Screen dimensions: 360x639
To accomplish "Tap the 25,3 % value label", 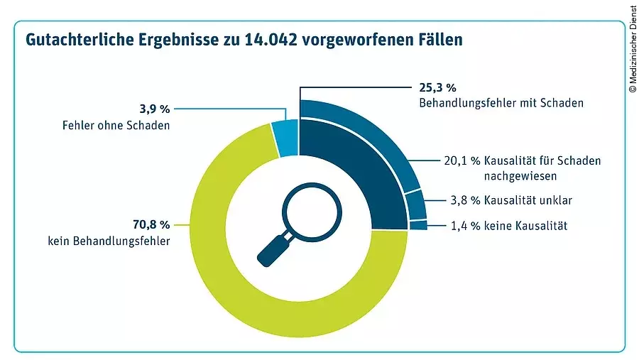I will pos(433,88).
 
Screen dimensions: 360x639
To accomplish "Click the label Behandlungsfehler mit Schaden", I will pos(501,103).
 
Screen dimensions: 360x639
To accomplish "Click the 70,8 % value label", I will pos(151,225).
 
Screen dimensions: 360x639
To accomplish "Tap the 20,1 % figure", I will pos(460,161).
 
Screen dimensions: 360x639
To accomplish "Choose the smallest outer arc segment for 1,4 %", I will pos(418,225).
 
